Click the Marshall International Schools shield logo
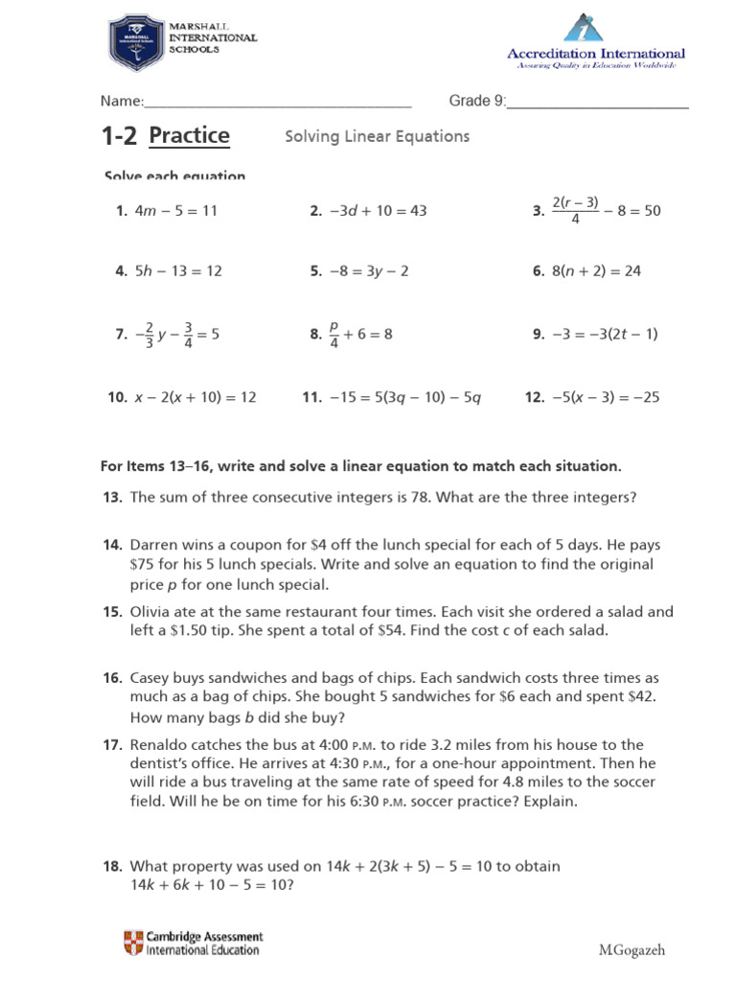[x=135, y=43]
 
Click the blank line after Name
[x=278, y=103]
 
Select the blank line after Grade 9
[x=597, y=103]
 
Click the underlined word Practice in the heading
[x=189, y=135]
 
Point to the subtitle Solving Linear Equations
[x=377, y=136]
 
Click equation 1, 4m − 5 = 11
[x=175, y=211]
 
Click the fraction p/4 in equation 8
[x=334, y=334]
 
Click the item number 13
[x=111, y=498]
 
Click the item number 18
[x=111, y=866]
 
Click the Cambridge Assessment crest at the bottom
[x=132, y=943]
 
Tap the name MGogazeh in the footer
[x=631, y=950]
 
